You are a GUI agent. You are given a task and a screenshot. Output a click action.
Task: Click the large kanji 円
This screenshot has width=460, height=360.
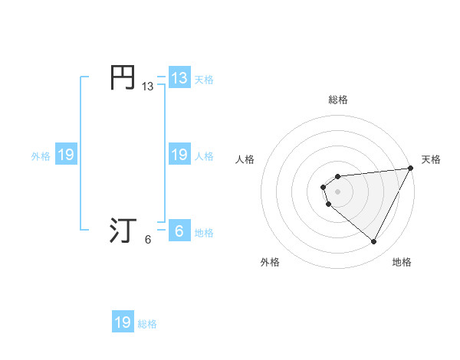[123, 78]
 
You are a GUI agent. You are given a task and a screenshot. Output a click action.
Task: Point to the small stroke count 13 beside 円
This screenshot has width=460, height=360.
[147, 87]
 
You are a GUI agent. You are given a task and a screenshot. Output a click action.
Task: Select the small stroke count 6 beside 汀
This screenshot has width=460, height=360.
[147, 240]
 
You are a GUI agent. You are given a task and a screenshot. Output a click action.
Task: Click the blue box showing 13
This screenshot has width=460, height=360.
[179, 78]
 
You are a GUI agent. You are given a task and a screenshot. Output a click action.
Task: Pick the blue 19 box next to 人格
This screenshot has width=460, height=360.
[179, 155]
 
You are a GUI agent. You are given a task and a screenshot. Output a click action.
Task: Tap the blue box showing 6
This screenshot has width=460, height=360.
[179, 231]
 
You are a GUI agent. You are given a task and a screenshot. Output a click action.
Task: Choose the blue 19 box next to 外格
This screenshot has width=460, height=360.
[66, 155]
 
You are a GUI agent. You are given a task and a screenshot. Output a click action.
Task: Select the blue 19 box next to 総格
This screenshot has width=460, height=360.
[123, 322]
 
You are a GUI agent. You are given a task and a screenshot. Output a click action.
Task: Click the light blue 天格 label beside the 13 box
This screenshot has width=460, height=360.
[204, 80]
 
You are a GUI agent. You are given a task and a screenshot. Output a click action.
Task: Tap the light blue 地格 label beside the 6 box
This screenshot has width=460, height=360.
[204, 233]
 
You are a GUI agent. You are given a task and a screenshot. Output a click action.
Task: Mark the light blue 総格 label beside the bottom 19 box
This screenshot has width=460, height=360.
[147, 324]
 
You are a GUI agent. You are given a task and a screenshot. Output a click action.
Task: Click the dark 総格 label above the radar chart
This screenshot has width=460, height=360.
[338, 100]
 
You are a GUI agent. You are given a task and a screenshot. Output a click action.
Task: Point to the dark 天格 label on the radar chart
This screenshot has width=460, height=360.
[431, 159]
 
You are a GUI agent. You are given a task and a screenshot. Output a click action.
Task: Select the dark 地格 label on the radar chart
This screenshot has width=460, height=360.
[402, 263]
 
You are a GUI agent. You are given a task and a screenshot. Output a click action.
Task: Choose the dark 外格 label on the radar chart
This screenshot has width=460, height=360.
[270, 263]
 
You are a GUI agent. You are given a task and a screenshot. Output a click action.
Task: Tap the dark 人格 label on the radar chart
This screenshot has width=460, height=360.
[245, 159]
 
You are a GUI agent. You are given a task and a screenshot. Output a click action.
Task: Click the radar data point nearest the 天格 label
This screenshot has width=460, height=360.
[411, 168]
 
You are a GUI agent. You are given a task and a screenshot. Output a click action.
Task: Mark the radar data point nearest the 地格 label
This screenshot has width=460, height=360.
[374, 242]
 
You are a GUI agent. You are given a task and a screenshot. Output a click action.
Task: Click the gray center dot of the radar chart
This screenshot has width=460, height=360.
[338, 191]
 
